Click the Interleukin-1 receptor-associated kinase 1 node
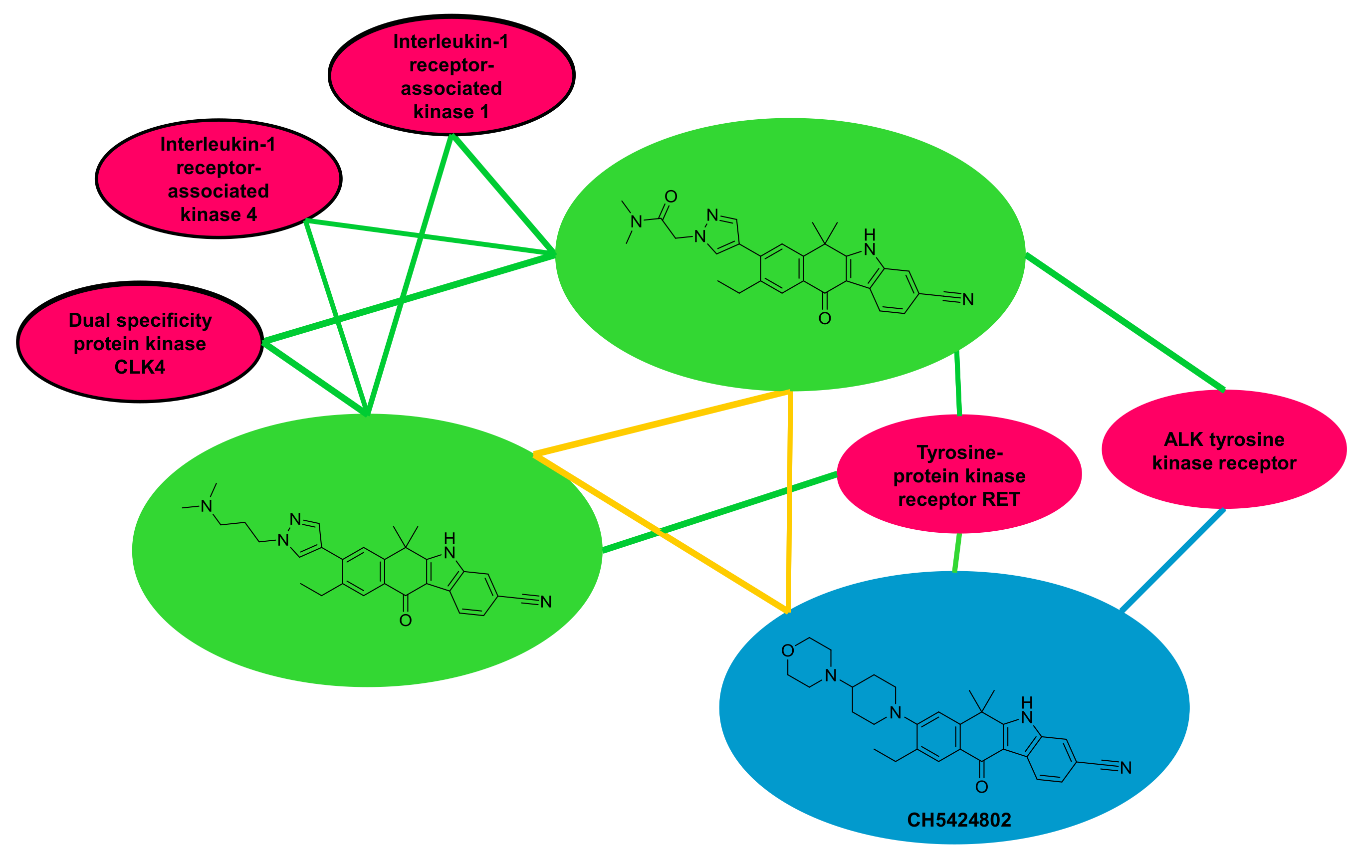click(452, 76)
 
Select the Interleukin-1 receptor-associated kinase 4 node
click(219, 180)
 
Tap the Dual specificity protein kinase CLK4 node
click(140, 343)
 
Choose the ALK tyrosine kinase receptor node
click(1224, 450)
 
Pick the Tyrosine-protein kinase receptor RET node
click(959, 475)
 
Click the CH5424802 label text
click(959, 820)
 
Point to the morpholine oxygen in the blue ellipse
click(788, 651)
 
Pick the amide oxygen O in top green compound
click(671, 197)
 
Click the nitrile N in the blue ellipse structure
click(1126, 768)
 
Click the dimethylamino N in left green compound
click(207, 506)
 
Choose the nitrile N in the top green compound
click(968, 300)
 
